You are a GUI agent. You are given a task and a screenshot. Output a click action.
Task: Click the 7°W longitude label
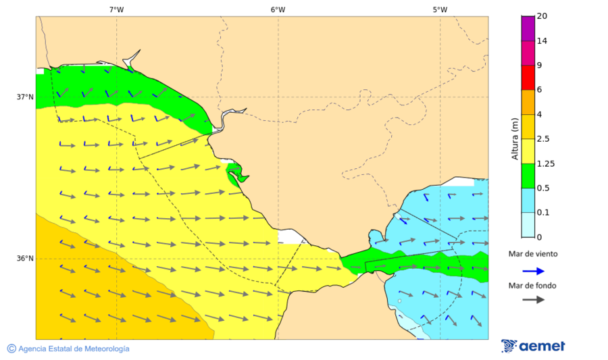click(116, 9)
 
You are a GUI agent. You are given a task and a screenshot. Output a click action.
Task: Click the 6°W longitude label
click(278, 9)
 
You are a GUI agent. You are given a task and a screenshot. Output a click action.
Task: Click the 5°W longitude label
click(440, 9)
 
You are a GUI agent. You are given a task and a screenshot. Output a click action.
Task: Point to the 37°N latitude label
click(25, 97)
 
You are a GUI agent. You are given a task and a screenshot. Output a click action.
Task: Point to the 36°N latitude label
click(25, 259)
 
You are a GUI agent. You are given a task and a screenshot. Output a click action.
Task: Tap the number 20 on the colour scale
click(542, 16)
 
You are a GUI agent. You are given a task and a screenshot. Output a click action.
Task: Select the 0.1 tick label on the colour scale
click(542, 213)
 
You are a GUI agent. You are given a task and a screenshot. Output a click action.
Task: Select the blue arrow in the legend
click(533, 271)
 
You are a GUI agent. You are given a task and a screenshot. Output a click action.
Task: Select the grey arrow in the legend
click(533, 299)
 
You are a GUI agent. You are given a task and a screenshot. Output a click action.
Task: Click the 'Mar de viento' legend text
click(533, 254)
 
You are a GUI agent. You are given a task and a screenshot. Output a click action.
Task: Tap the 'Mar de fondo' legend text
click(533, 286)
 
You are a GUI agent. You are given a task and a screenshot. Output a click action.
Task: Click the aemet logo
click(533, 346)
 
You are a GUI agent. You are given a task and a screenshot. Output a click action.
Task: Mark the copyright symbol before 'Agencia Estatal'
click(11, 349)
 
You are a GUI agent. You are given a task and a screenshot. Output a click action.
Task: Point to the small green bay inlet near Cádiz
click(235, 173)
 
